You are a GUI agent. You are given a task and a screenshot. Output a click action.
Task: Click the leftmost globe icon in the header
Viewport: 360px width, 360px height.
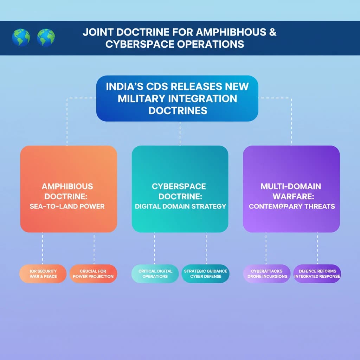(21, 38)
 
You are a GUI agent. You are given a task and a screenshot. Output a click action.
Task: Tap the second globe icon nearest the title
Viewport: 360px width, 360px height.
(46, 38)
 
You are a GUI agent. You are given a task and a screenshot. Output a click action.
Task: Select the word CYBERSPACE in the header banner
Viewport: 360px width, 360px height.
(140, 44)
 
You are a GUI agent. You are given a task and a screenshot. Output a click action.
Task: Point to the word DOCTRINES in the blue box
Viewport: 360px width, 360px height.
(178, 111)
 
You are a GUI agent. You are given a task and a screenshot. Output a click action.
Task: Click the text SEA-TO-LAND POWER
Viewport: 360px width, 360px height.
(67, 206)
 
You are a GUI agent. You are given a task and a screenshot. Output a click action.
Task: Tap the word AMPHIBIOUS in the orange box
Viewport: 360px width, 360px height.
(67, 186)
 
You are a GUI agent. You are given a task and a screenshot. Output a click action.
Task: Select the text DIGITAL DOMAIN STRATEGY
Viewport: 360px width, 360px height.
(180, 206)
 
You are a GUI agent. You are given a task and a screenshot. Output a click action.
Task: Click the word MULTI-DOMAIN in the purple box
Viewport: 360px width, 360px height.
(291, 186)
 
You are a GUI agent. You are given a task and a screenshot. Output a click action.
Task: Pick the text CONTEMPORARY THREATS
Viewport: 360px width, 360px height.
(292, 206)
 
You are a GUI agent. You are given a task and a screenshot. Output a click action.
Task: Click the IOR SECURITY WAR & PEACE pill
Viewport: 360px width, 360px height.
(43, 274)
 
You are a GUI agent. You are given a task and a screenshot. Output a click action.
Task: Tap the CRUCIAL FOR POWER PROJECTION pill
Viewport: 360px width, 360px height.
(93, 274)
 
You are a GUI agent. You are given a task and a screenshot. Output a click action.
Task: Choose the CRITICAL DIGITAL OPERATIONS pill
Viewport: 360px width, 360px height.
(155, 274)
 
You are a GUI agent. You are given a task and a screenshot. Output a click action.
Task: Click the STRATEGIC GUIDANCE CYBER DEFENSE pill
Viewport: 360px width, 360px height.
(205, 274)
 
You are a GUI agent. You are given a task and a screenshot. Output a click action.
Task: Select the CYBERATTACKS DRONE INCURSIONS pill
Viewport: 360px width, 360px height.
(267, 274)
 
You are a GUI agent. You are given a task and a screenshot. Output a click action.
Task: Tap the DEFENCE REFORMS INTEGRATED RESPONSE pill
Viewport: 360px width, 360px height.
(317, 274)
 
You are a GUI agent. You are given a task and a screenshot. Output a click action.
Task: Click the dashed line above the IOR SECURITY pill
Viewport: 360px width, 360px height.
(43, 249)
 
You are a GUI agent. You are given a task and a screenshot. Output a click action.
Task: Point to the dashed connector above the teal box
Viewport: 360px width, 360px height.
(180, 133)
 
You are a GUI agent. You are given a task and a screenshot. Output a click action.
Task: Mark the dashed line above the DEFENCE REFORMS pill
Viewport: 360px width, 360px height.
(317, 249)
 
